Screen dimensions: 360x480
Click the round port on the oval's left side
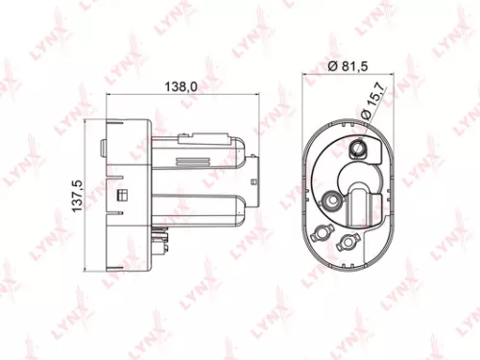pyautogui.click(x=333, y=200)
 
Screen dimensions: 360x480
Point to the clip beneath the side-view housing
pyautogui.click(x=159, y=231)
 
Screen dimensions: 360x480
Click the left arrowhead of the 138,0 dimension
pyautogui.click(x=109, y=94)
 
